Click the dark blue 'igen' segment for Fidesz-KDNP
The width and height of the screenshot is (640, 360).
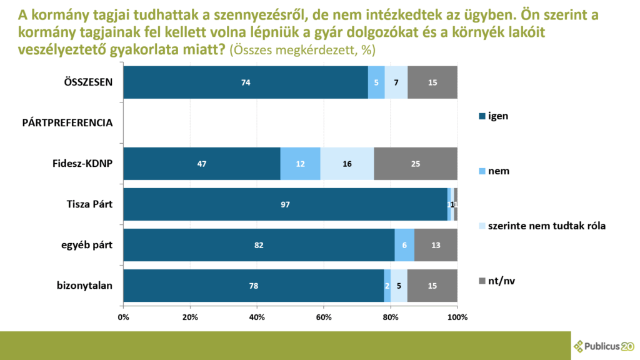(x=201, y=164)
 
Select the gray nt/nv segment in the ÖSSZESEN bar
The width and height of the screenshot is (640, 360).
(x=432, y=82)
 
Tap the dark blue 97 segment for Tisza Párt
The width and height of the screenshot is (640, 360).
(x=285, y=204)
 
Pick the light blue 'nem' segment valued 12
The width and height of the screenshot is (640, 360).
(x=300, y=164)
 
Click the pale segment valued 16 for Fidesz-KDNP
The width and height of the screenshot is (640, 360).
(x=347, y=164)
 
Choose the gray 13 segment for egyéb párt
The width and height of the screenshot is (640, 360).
(x=436, y=245)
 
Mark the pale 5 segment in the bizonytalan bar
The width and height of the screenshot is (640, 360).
(x=399, y=286)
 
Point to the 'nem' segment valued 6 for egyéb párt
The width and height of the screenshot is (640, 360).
(x=404, y=245)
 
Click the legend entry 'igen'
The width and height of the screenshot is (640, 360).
(x=497, y=116)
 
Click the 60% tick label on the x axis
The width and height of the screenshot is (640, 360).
(x=324, y=317)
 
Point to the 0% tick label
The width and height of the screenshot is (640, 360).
(x=123, y=317)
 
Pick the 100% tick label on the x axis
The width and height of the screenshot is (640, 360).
(x=457, y=317)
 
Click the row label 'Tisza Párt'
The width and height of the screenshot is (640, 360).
(x=89, y=204)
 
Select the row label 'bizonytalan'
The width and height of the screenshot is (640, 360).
(x=84, y=286)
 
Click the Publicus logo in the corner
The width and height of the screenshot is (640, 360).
(x=604, y=346)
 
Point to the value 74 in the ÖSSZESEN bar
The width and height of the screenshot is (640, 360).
(x=246, y=82)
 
